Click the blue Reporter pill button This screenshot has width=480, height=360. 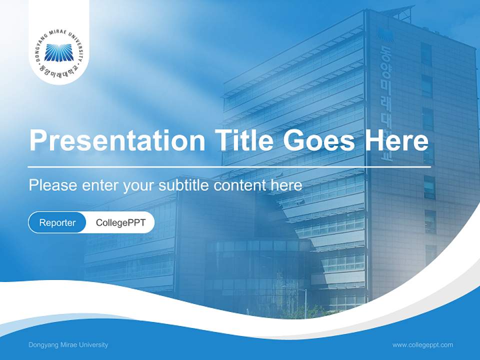point(57,222)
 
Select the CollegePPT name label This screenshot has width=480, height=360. point(120,222)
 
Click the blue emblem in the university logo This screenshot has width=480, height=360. point(58,52)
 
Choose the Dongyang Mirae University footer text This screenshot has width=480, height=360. point(68,345)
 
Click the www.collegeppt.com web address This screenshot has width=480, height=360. point(422,345)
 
